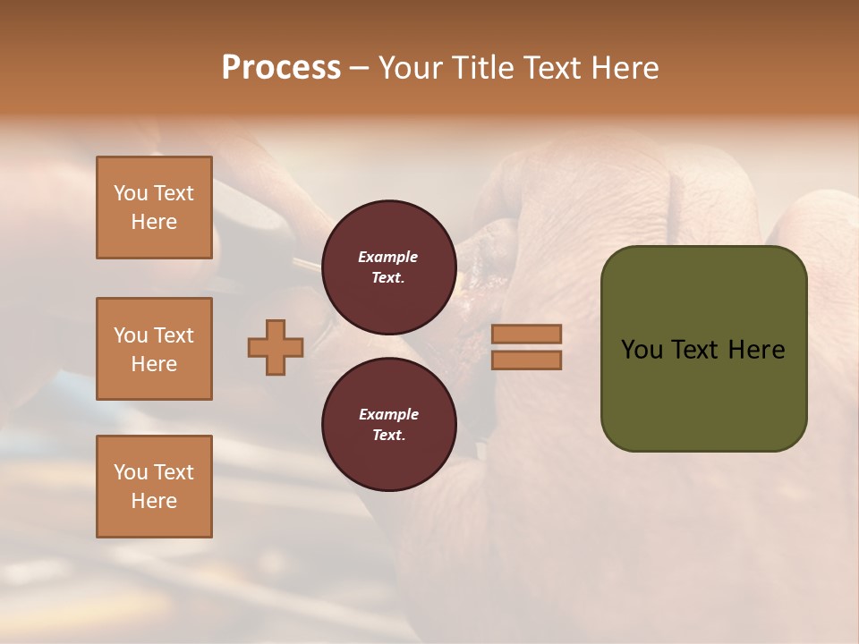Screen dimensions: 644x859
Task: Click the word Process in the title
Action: (281, 68)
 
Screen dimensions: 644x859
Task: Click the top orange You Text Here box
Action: (154, 208)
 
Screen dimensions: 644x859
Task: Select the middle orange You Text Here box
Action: (154, 349)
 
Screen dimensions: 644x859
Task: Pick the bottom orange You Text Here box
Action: (154, 487)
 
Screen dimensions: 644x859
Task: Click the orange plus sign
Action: (276, 347)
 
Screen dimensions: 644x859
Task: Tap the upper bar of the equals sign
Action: (526, 334)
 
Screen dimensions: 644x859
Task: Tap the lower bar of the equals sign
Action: (526, 360)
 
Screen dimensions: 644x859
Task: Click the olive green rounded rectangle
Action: (703, 394)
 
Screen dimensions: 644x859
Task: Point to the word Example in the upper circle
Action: (388, 257)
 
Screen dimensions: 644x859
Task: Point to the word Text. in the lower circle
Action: (388, 435)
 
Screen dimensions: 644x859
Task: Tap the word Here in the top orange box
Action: (154, 222)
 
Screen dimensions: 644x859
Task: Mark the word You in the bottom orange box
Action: (131, 472)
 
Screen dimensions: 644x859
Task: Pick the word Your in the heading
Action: (411, 68)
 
